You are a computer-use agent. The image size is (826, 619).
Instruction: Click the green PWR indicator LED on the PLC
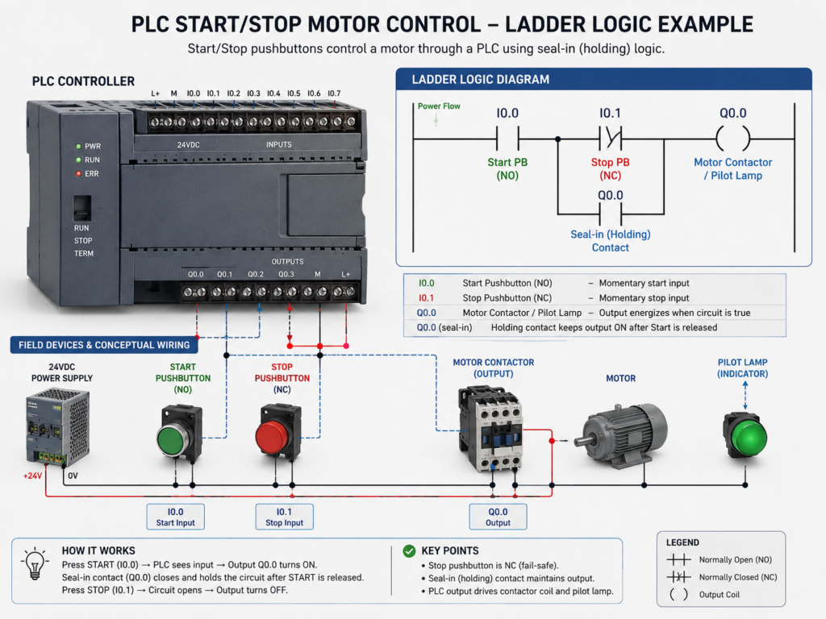(78, 147)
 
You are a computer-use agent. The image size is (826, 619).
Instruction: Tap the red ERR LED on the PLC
(78, 174)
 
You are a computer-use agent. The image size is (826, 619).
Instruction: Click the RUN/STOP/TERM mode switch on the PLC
(81, 208)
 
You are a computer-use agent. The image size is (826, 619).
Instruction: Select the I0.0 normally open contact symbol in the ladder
(507, 139)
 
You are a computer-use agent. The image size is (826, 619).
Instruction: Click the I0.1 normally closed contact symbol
(610, 139)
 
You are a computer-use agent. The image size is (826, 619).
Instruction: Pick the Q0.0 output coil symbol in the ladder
(732, 139)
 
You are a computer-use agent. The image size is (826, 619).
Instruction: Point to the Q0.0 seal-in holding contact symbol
(610, 214)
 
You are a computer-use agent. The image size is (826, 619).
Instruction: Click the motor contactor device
(490, 428)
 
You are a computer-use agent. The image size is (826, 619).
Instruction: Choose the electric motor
(621, 435)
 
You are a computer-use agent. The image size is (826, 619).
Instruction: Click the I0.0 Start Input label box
(175, 517)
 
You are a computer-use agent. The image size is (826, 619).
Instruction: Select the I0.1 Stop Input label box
(285, 517)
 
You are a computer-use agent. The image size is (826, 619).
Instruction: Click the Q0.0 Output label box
(498, 517)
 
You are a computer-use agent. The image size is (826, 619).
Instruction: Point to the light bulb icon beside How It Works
(35, 563)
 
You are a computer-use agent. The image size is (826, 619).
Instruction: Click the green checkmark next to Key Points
(409, 551)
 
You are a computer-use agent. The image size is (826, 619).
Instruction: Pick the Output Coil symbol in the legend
(678, 594)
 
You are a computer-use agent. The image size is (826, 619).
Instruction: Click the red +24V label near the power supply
(32, 476)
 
